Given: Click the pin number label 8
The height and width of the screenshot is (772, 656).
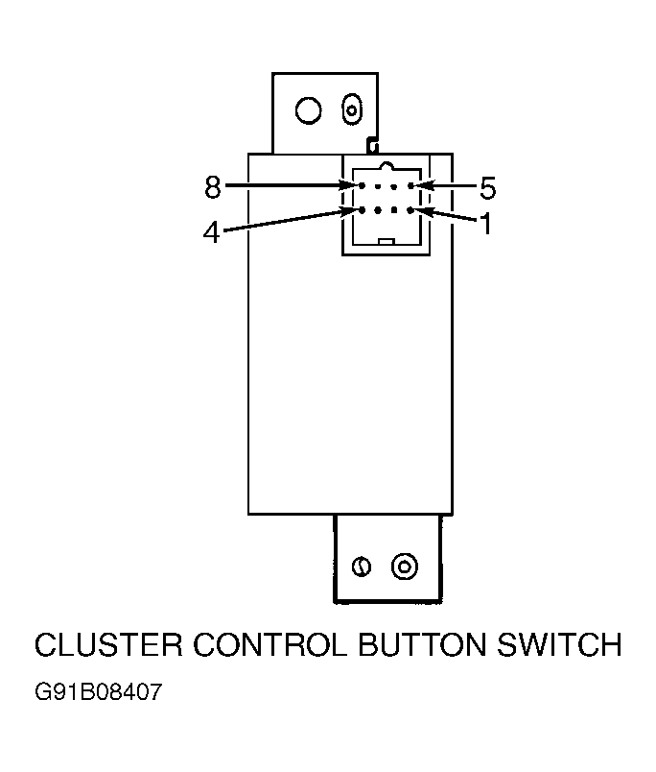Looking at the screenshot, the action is [213, 187].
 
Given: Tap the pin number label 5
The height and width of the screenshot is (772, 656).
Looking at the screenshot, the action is [487, 188].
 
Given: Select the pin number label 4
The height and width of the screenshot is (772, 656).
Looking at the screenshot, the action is [211, 232].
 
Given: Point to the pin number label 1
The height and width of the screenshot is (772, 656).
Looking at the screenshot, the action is [486, 224].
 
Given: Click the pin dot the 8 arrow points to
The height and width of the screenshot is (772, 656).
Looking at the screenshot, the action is [362, 185].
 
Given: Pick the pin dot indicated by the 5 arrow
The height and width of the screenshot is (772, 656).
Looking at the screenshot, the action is [410, 185].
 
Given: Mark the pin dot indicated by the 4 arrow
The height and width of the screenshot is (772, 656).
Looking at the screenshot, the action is [362, 210].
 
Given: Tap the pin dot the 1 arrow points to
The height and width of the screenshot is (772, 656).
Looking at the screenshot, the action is [410, 210].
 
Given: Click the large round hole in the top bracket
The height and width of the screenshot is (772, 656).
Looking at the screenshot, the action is [308, 109].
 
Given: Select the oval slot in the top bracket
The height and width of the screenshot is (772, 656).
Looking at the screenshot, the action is [352, 109].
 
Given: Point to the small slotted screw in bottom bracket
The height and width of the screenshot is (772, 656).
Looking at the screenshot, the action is [362, 567].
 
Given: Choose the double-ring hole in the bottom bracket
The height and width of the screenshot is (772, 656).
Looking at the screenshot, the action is [404, 567].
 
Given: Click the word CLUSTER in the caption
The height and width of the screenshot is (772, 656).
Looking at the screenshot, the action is [108, 644].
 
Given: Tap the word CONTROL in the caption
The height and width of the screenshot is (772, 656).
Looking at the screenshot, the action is [269, 644].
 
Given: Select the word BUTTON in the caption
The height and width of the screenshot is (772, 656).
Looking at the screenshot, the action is [422, 644].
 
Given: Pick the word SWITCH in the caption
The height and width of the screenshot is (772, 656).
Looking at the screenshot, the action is [559, 644].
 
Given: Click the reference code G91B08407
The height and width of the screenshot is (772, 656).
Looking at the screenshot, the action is [99, 691].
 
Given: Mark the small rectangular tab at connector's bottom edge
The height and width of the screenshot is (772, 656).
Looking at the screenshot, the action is [387, 241].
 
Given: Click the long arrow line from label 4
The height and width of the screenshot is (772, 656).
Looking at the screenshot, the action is [291, 220].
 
